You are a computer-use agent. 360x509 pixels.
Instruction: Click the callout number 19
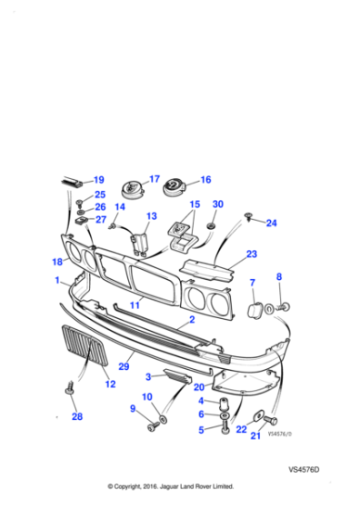[x=98, y=180]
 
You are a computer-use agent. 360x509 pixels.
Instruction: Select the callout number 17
[x=154, y=179]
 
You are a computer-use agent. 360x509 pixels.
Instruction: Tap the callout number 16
[x=205, y=180]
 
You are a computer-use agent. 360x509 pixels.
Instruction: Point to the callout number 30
[x=217, y=205]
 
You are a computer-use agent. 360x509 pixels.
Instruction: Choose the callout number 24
[x=271, y=223]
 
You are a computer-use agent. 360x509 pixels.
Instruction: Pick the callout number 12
[x=109, y=384]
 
